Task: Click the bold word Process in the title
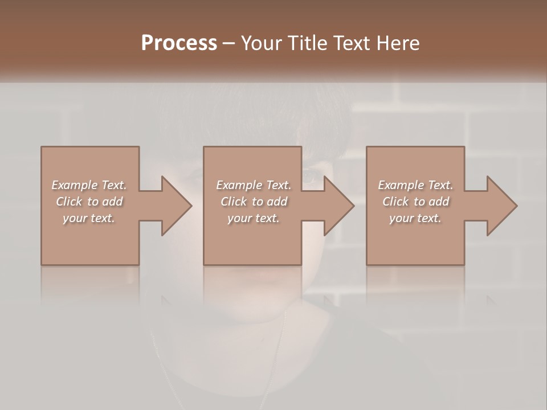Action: point(179,43)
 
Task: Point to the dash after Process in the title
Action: point(229,43)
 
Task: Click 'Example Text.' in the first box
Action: point(89,185)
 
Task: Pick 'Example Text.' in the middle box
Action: point(254,185)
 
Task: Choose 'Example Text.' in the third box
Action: point(415,185)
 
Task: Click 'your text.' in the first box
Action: point(88,218)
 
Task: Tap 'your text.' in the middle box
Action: point(253,218)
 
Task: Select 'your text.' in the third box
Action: point(415,218)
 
